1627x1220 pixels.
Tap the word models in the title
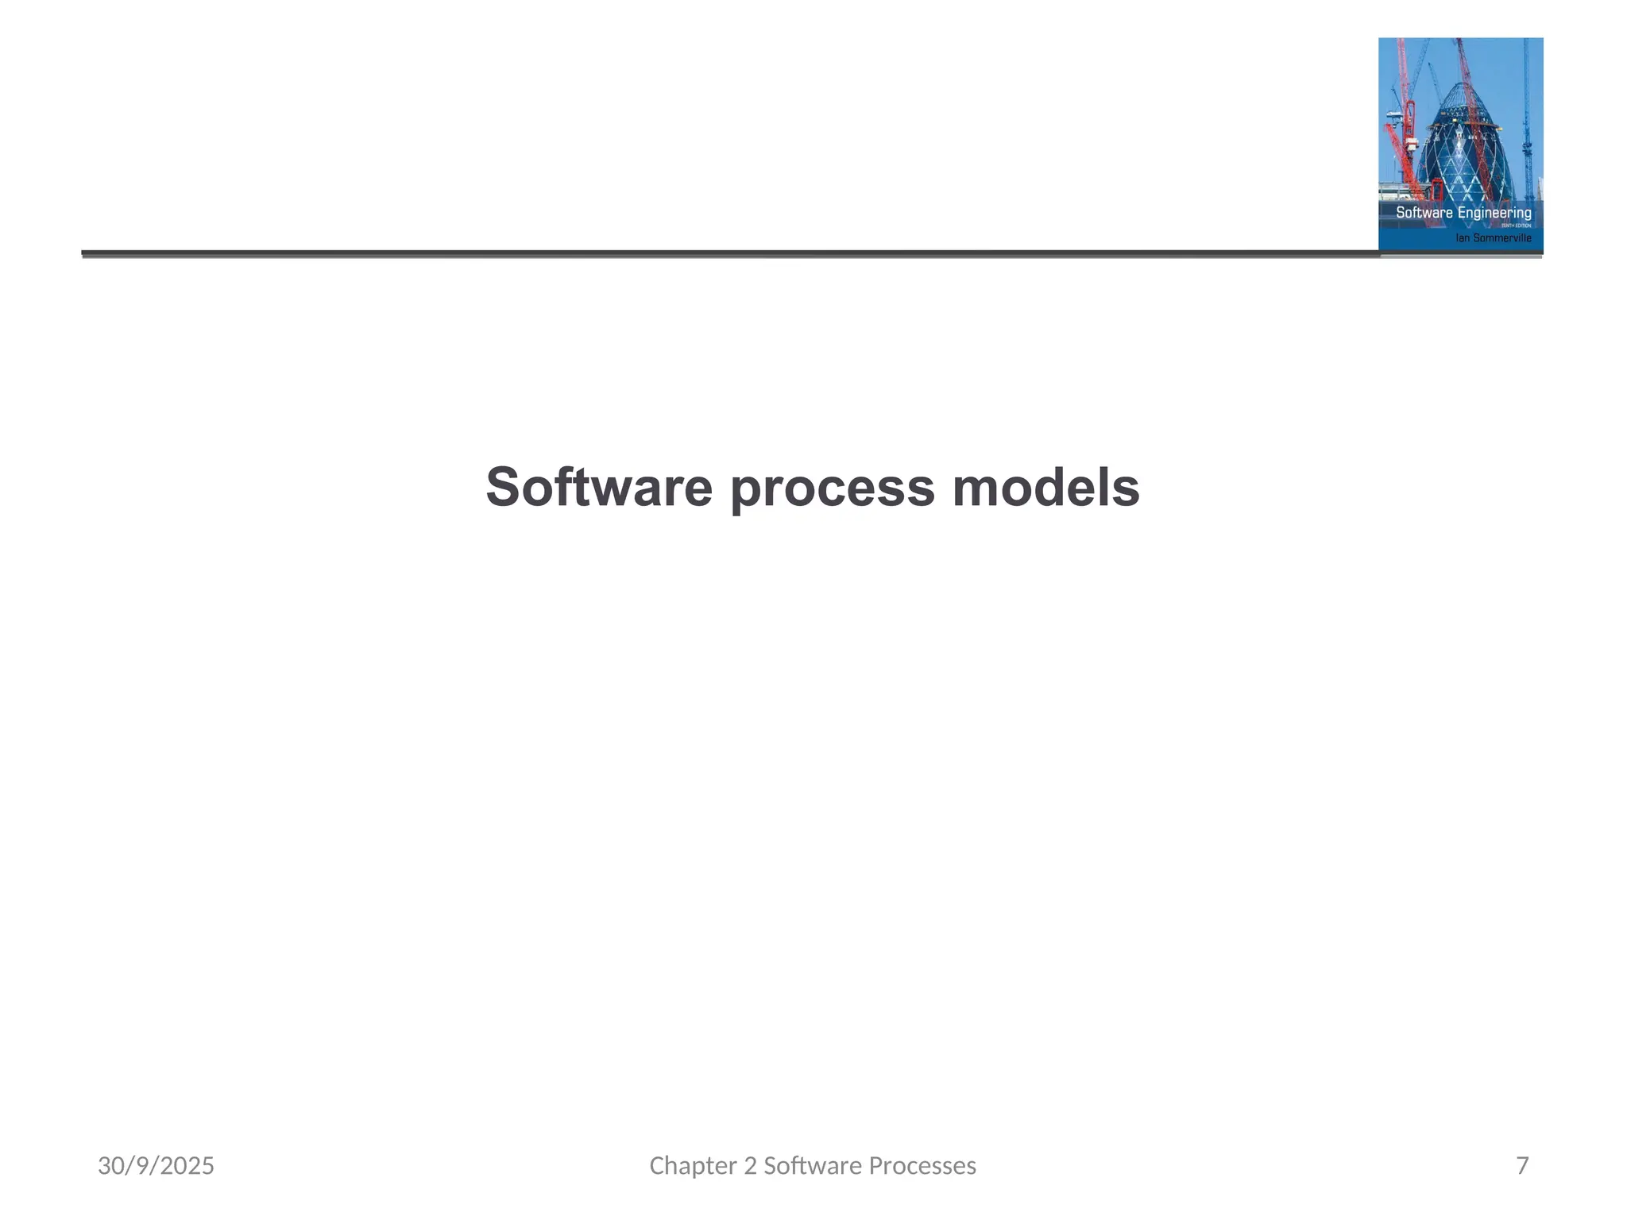(1045, 487)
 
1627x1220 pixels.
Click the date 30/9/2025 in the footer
(156, 1166)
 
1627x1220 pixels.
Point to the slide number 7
(1522, 1166)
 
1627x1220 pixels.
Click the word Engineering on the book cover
(1494, 213)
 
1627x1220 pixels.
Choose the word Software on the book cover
(1424, 213)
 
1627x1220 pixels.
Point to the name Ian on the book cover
(1463, 238)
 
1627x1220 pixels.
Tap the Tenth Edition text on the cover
(1516, 226)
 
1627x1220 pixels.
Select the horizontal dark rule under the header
(715, 254)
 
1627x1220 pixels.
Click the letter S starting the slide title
(503, 487)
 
